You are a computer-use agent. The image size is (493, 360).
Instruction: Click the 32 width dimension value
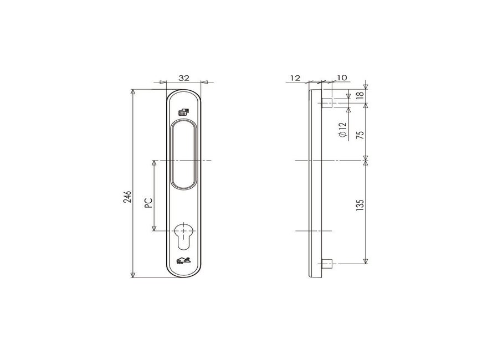pyautogui.click(x=184, y=78)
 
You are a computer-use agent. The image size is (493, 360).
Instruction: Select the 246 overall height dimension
pyautogui.click(x=127, y=197)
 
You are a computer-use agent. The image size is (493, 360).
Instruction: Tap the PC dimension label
pyautogui.click(x=148, y=203)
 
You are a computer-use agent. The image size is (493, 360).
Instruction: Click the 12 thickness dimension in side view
pyautogui.click(x=295, y=78)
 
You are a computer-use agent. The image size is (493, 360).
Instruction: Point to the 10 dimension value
pyautogui.click(x=342, y=78)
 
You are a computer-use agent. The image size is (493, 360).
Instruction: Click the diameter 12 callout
pyautogui.click(x=342, y=130)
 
